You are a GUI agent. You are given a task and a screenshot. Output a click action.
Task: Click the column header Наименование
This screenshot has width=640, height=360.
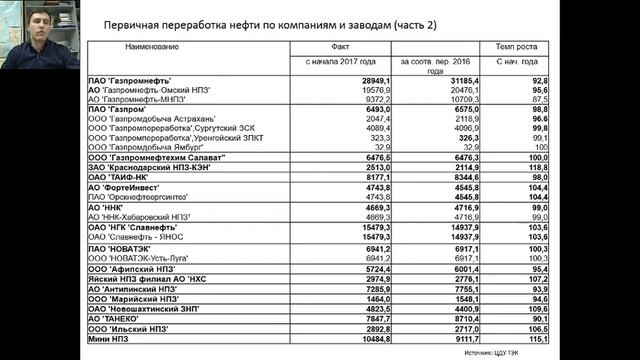152,46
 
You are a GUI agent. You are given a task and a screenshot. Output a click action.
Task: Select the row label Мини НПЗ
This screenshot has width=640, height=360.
108,338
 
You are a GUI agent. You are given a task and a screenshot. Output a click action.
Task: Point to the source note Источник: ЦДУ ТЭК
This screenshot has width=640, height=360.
497,352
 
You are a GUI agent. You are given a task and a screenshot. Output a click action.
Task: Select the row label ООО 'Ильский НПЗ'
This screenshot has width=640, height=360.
125,328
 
